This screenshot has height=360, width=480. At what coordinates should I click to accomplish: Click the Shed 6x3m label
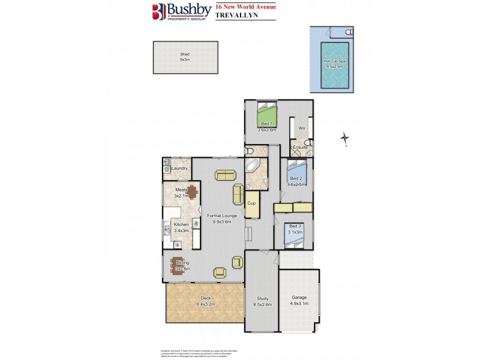click(185, 57)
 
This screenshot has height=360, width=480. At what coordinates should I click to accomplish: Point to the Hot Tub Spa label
click(334, 64)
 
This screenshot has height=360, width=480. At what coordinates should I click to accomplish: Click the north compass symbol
click(345, 139)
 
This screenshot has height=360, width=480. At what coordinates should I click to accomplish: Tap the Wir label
click(302, 128)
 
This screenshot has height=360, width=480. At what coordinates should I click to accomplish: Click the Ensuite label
click(300, 147)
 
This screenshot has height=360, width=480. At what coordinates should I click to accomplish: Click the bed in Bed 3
click(293, 238)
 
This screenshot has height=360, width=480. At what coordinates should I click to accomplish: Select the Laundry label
click(180, 169)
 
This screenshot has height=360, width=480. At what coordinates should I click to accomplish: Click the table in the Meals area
click(182, 193)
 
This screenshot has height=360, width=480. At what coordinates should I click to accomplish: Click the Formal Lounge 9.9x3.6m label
click(222, 218)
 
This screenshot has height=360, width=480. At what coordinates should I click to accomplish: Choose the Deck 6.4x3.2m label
click(205, 301)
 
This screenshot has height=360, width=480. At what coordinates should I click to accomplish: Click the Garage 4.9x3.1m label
click(299, 301)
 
